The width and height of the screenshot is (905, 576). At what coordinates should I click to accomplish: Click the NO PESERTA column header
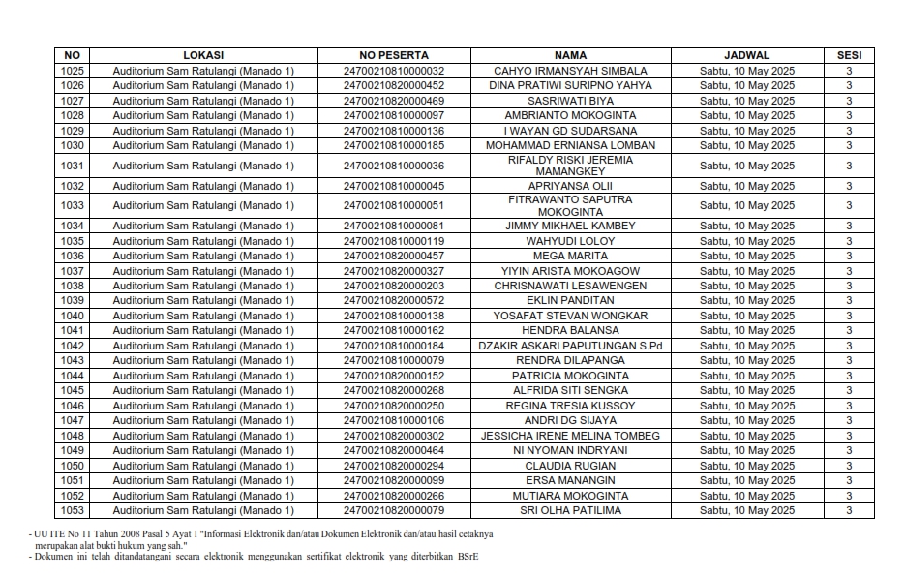coord(393,55)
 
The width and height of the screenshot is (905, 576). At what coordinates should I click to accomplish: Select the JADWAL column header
coord(746,55)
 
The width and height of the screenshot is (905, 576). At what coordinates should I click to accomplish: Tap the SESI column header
coord(849,55)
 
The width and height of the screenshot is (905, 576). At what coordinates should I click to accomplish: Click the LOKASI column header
coord(203,55)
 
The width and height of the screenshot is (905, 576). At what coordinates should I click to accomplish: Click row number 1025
coord(73,71)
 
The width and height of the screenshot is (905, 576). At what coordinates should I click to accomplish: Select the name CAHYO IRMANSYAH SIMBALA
coord(570,71)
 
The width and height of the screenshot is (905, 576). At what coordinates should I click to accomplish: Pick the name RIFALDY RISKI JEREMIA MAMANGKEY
coord(570,166)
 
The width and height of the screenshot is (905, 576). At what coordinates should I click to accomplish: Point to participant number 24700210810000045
coord(393,186)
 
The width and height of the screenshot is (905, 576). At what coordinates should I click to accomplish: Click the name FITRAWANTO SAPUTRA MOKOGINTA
coord(570,205)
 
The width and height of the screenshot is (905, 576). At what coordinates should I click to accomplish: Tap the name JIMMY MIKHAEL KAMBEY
coord(570,226)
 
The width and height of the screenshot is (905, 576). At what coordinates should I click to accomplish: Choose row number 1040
coord(73,316)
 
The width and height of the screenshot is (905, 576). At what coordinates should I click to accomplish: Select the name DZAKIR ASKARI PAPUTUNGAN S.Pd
coord(570,346)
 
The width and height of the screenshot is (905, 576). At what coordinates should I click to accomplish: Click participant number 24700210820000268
coord(393,390)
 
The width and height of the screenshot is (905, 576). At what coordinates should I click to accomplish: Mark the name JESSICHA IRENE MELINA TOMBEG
coord(570,436)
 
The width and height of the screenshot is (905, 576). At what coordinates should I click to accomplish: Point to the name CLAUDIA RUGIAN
coord(570,466)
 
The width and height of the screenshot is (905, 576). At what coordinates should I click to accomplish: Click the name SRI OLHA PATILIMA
coord(570,510)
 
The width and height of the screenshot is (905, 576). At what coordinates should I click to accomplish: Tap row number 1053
coord(73,510)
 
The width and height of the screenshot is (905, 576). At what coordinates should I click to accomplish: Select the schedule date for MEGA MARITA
coord(746,256)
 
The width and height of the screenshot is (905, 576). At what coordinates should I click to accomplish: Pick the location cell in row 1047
coord(203,420)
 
